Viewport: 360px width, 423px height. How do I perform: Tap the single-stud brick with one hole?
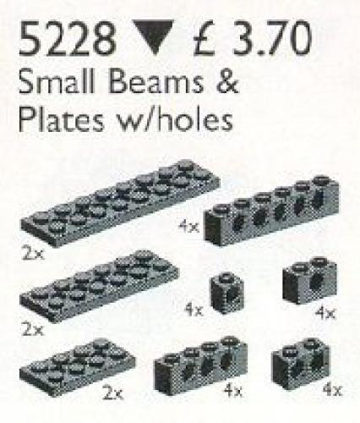tap(228, 293)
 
